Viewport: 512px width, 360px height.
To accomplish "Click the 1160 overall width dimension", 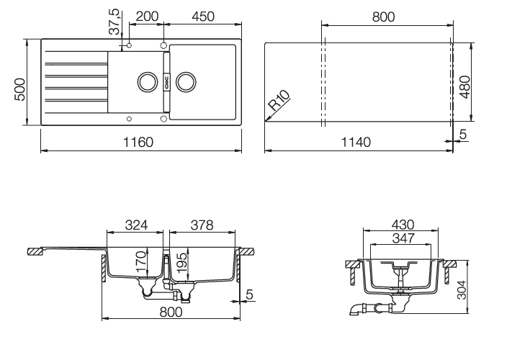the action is point(138,143).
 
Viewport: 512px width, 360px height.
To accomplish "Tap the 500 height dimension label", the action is point(20,89).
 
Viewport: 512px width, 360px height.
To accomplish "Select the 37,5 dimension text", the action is point(114,21).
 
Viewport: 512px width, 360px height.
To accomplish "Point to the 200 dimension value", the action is point(147,17).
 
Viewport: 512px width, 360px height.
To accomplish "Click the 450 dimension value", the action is point(203,17).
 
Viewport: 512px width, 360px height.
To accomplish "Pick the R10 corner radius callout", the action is point(279,100).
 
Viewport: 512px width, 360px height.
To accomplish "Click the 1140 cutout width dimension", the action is point(356,143).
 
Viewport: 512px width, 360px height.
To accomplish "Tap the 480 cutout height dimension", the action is point(464,87).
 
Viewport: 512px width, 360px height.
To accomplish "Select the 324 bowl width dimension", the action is point(136,225).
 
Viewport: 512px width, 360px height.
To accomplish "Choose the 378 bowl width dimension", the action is point(202,225).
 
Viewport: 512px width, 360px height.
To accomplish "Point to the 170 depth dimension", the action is point(140,262).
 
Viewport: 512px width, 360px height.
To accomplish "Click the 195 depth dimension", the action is point(181,262).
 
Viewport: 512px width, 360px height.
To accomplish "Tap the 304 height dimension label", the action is point(462,289).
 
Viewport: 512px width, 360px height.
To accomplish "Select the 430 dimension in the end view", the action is point(403,225).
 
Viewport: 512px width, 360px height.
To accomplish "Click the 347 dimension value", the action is point(403,238).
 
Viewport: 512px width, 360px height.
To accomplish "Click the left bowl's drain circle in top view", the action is point(148,81).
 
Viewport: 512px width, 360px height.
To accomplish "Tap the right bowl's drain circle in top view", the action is point(186,81).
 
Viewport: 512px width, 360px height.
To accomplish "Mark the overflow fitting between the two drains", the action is point(166,81).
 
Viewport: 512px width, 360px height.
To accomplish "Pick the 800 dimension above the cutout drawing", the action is point(384,17).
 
